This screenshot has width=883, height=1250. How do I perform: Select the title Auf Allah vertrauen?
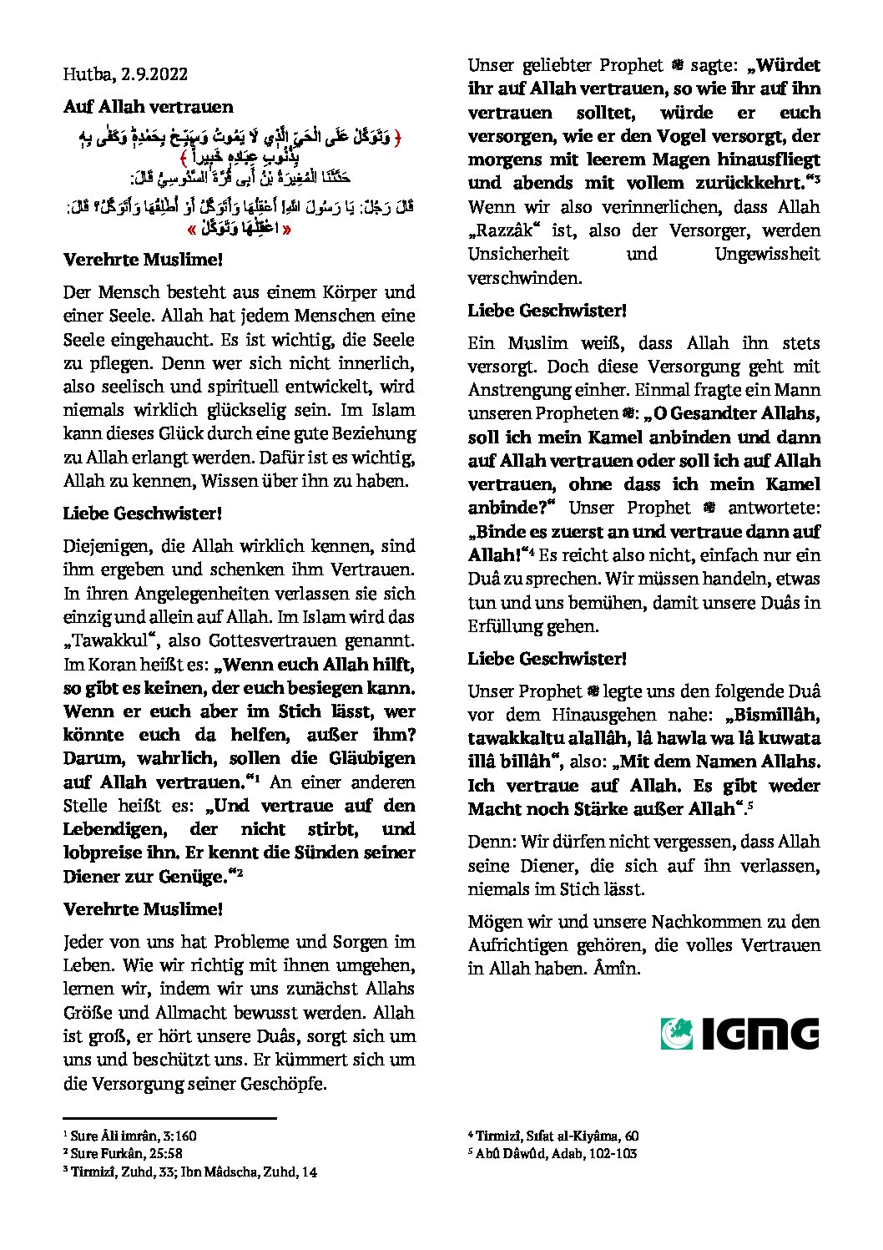click(148, 107)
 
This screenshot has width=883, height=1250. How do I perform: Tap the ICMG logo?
click(739, 1034)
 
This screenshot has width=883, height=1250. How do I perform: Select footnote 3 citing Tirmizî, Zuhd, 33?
click(190, 1172)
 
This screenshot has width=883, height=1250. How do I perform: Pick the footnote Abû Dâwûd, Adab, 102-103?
click(552, 1153)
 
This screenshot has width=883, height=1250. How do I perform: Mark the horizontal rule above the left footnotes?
click(169, 1117)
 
